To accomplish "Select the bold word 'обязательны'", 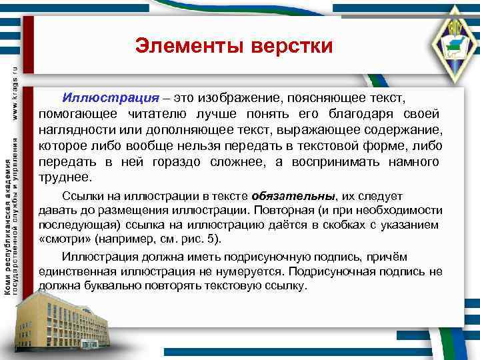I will [x=294, y=196].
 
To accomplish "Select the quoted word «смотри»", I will [x=65, y=239].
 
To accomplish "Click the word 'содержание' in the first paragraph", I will [x=406, y=130].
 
